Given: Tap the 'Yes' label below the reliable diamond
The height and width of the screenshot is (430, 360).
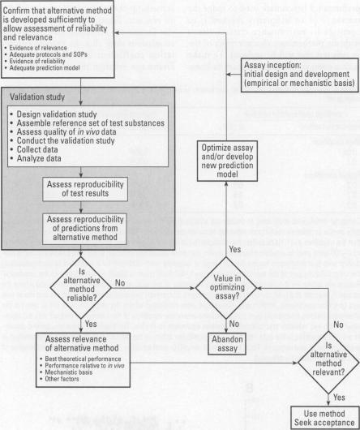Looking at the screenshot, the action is coord(90,321).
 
